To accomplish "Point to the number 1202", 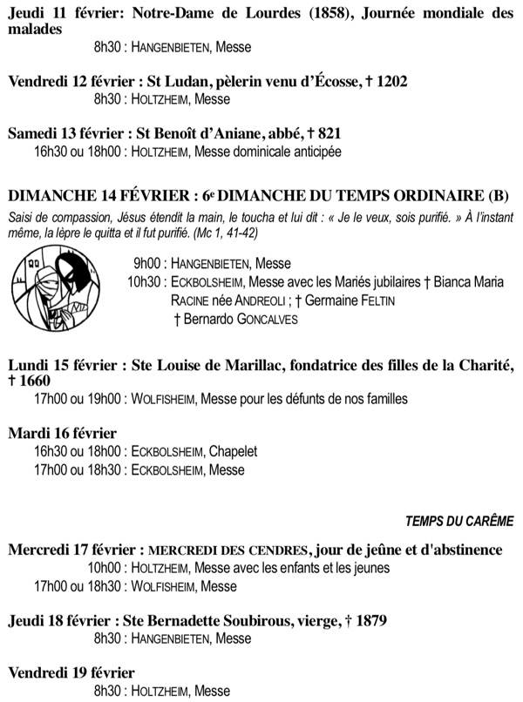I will coord(389,81).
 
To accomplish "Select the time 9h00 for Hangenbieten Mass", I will coord(149,264).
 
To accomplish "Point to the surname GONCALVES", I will coord(261,320).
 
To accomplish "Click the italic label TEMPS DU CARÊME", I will coord(459,521).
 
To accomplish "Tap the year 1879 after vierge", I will coord(368,621).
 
